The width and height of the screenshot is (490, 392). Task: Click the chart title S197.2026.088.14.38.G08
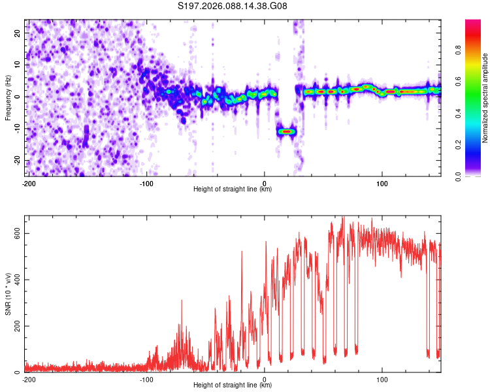(x=233, y=7)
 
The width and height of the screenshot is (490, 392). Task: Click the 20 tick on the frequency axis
(x=18, y=32)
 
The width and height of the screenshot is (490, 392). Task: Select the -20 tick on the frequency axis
(x=17, y=160)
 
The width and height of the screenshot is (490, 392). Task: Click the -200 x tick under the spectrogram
(x=28, y=183)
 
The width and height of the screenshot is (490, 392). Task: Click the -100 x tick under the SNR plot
(x=146, y=379)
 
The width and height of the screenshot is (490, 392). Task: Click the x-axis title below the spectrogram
(x=233, y=189)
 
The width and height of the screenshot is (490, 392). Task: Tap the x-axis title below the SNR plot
(x=233, y=385)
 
